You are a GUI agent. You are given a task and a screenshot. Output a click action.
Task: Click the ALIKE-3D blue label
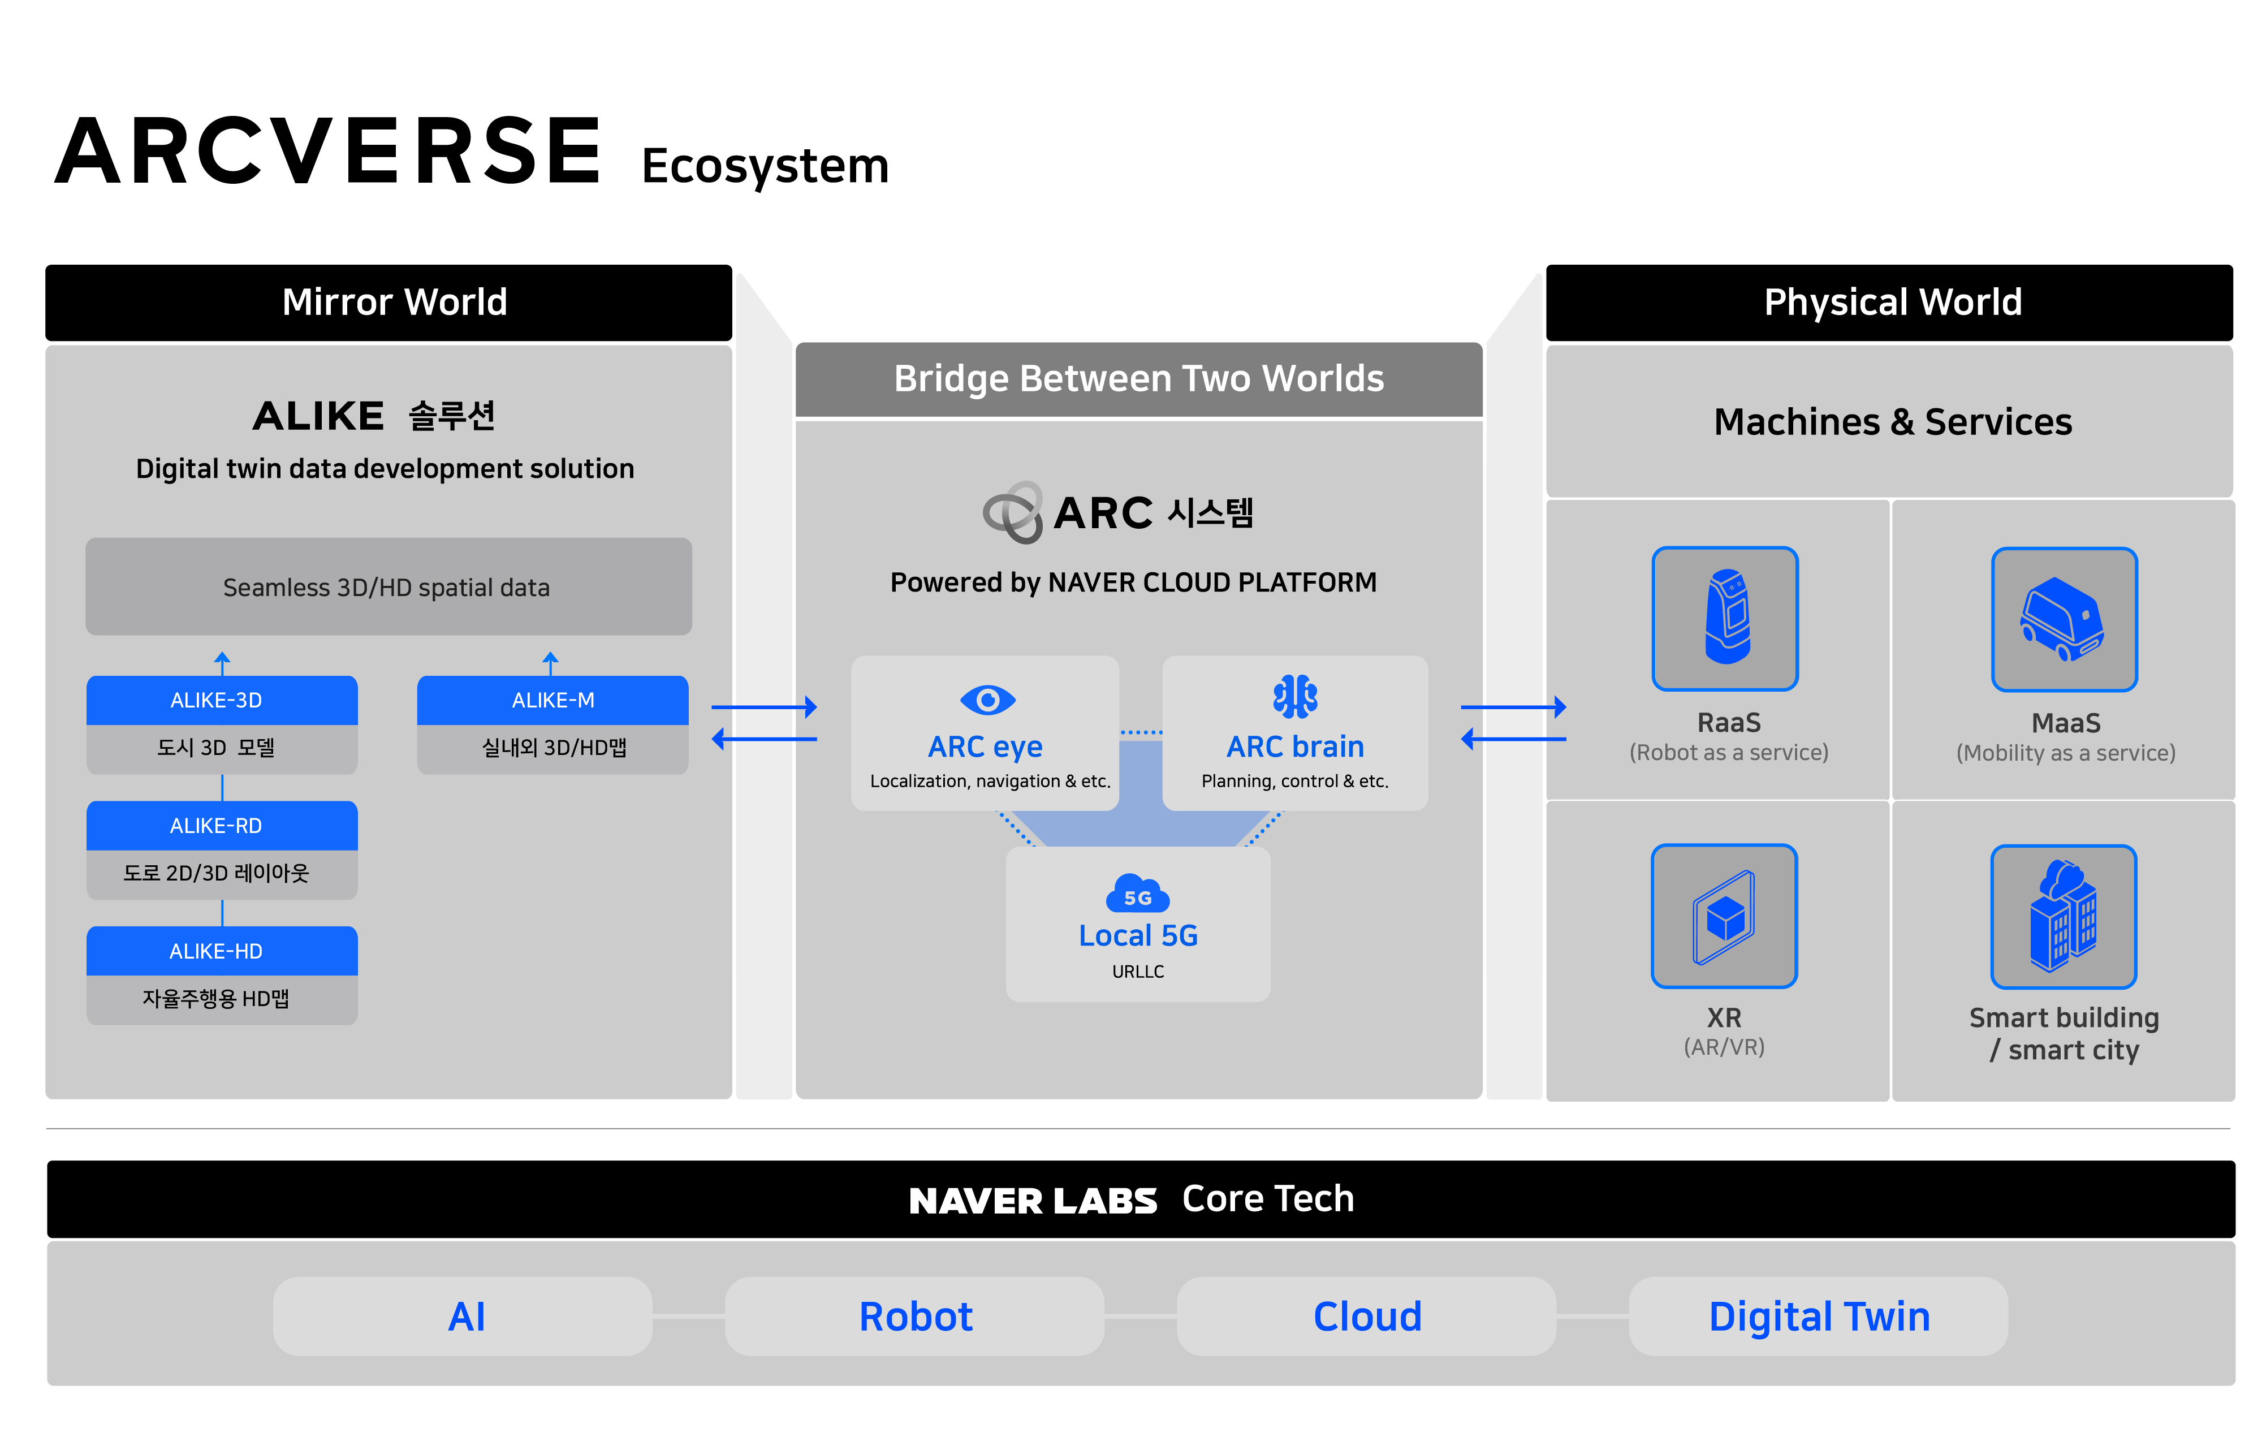pos(222,701)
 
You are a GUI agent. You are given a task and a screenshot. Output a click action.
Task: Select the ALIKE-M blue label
pos(552,701)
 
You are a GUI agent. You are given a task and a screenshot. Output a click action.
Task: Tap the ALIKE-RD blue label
pos(222,826)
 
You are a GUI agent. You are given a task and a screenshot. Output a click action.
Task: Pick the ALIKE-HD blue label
pos(222,951)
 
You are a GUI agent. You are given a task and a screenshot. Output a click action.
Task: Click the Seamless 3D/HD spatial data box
pos(388,587)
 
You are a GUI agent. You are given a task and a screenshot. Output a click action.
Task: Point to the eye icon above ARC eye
pos(987,700)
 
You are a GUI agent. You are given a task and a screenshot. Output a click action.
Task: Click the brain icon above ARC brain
pos(1296,697)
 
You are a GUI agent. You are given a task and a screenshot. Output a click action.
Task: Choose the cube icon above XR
pos(1725,916)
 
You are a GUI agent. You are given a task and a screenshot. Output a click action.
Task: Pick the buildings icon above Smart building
pos(2064,916)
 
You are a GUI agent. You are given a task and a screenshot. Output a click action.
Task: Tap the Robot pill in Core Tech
pos(915,1316)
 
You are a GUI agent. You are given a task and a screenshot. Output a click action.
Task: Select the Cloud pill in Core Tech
pos(1367,1316)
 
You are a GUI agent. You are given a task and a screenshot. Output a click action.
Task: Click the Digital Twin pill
pos(1819,1316)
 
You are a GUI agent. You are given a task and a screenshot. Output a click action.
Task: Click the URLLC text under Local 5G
pos(1138,972)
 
